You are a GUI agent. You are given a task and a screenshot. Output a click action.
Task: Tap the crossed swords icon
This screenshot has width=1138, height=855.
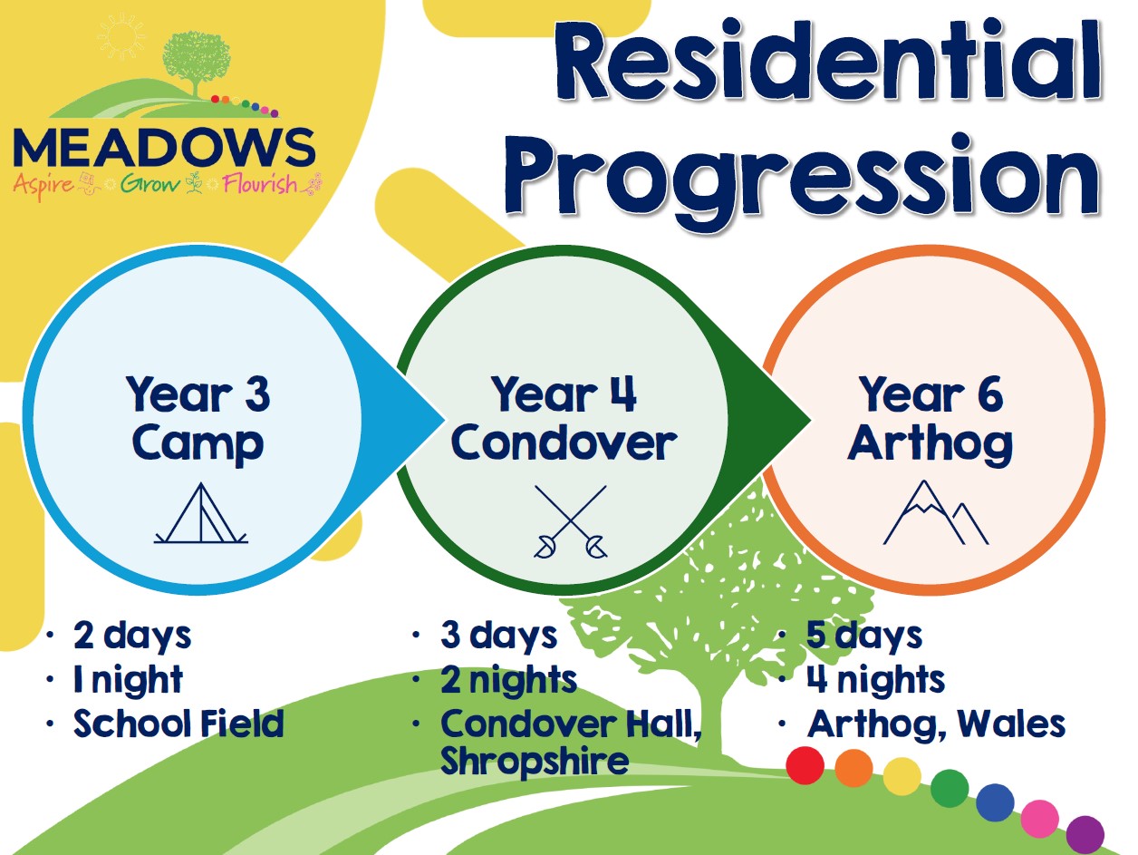click(570, 522)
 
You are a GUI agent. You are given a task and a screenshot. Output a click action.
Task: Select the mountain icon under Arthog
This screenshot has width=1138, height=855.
click(935, 512)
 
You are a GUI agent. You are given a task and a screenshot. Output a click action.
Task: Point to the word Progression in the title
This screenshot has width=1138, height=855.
click(802, 179)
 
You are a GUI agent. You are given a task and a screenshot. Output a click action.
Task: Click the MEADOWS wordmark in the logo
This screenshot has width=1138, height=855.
click(164, 148)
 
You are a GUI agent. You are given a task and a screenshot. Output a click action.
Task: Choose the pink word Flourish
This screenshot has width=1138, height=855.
click(260, 184)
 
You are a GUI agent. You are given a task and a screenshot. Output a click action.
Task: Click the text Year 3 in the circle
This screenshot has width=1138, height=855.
click(198, 394)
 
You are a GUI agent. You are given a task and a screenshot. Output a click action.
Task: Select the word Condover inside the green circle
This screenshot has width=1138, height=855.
click(564, 442)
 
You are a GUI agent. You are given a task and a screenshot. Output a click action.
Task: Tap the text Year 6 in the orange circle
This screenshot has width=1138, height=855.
click(931, 394)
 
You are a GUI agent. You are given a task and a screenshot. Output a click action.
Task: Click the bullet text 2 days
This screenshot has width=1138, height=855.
click(132, 636)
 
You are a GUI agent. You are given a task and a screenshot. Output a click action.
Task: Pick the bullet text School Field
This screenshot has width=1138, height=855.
click(178, 724)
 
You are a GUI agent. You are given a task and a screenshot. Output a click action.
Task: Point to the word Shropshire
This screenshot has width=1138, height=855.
click(535, 761)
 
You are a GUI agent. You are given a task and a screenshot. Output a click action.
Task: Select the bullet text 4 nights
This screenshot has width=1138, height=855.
click(875, 680)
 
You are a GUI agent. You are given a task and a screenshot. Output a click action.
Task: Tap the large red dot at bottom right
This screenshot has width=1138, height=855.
click(805, 765)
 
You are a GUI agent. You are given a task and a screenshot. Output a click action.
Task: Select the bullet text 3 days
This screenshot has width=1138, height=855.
click(498, 636)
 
